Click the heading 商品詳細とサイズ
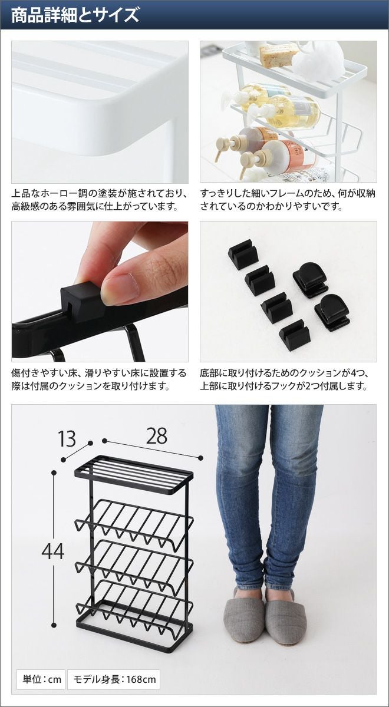click(75, 15)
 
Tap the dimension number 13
click(67, 439)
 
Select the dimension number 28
click(157, 436)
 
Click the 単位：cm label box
click(41, 679)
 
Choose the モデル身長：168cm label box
click(114, 679)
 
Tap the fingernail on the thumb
click(121, 288)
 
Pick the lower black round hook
click(332, 312)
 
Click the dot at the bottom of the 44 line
click(54, 625)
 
